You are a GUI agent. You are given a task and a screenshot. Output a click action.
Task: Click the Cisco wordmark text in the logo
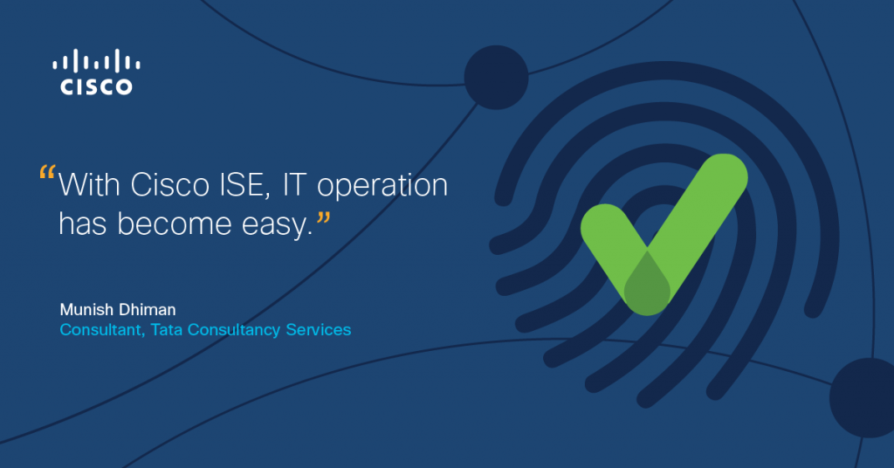96,86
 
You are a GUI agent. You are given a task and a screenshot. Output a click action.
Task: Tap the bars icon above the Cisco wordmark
96,62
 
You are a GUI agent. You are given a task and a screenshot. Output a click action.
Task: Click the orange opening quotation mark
48,172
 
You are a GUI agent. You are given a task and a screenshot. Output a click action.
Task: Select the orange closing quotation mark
324,216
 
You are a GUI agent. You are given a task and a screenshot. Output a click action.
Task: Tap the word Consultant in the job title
95,330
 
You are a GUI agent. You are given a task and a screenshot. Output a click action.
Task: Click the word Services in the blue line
319,330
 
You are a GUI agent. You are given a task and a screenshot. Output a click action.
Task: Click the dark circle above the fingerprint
496,78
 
